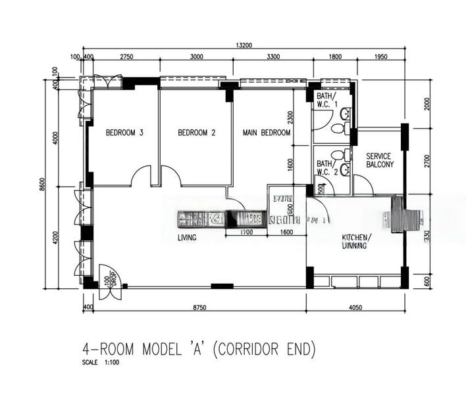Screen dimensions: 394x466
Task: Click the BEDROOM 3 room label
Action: pos(124,133)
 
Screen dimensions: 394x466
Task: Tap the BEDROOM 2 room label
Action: pos(197,133)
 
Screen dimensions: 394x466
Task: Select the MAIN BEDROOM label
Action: pos(267,133)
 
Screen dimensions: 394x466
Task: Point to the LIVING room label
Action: pos(187,238)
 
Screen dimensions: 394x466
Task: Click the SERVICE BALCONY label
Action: pos(380,160)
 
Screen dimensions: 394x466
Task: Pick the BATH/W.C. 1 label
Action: pos(327,100)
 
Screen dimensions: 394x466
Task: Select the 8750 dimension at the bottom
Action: pos(193,307)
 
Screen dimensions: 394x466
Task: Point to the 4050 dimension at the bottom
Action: pos(356,307)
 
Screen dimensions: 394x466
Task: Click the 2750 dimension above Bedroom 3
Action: pos(127,57)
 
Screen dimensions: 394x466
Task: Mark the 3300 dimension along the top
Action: pos(273,57)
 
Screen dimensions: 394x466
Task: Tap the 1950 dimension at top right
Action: pos(380,57)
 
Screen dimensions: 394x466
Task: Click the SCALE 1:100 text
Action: pos(101,362)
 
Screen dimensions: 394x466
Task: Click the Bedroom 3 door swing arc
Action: pos(142,175)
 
